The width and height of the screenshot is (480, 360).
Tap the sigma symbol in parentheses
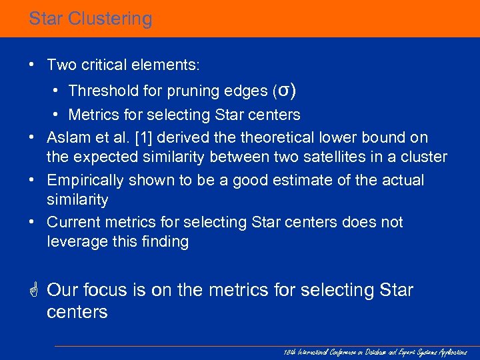(x=283, y=89)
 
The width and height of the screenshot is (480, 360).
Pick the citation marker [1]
(x=145, y=137)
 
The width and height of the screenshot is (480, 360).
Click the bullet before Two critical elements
(x=32, y=65)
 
